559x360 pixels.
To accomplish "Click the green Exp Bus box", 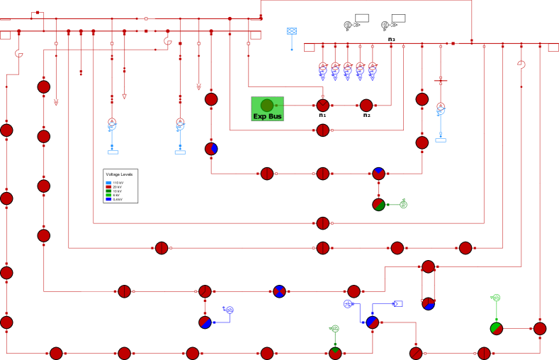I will click(x=267, y=108).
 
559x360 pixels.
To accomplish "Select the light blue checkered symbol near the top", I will click(x=291, y=31).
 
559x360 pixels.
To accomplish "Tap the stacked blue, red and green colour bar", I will click(x=108, y=191).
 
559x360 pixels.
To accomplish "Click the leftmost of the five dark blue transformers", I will click(x=323, y=71).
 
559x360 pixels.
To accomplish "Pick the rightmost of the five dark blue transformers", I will click(x=372, y=71).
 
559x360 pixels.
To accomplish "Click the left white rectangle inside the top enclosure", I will click(x=361, y=18).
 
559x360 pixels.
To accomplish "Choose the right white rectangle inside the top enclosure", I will click(x=398, y=18).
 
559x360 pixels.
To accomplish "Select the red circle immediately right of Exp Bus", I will click(x=323, y=106).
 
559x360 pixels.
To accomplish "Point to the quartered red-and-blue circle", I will click(x=279, y=291).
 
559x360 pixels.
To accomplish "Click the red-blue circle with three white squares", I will click(x=429, y=304).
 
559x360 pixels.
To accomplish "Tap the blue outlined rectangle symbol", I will click(x=398, y=304).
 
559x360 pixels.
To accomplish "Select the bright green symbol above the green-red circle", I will click(x=496, y=298).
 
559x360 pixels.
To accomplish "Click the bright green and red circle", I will click(x=497, y=329).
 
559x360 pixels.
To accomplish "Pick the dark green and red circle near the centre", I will click(x=378, y=205).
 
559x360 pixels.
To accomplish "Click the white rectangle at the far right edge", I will click(x=553, y=47).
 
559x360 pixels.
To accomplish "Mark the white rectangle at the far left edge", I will click(x=5, y=35).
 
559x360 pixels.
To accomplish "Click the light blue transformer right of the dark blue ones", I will click(x=441, y=110).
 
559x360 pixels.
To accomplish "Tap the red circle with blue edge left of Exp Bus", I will click(x=211, y=149).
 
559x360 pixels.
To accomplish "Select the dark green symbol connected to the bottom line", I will click(x=335, y=329).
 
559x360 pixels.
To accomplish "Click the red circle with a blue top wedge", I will click(x=378, y=174).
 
